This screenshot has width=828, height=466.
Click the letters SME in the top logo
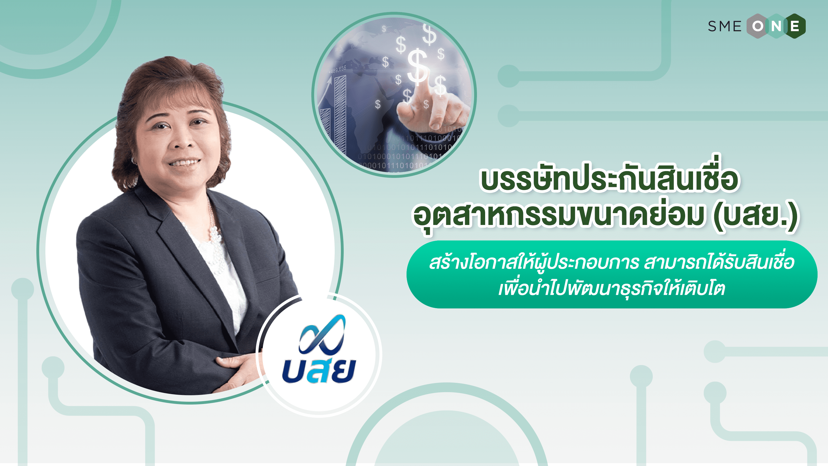click(725, 26)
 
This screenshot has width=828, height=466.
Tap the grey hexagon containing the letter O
click(758, 26)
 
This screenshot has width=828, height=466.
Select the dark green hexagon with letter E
click(794, 26)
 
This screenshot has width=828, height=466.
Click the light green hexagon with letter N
click(776, 26)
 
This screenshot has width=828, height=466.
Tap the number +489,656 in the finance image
click(338, 69)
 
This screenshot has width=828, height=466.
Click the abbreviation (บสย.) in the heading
click(756, 215)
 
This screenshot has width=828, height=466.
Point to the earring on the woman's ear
click(133, 160)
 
